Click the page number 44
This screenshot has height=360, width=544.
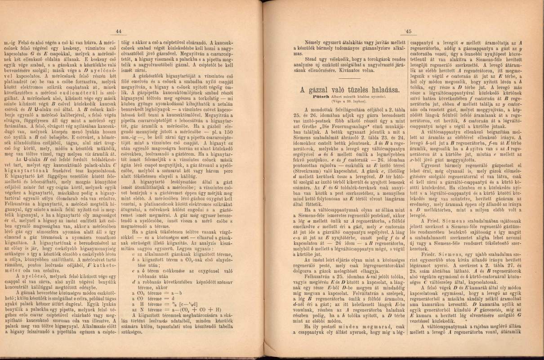click(119, 31)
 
